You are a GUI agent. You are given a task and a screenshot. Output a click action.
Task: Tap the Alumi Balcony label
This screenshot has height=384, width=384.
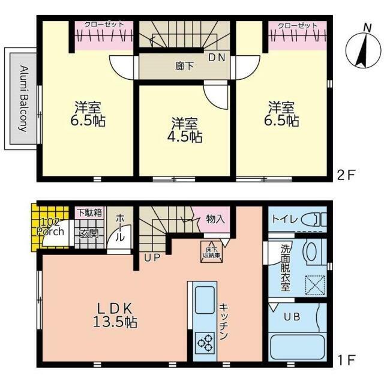click(23, 98)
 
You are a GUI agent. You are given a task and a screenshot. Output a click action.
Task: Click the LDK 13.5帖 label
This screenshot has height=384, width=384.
click(115, 315)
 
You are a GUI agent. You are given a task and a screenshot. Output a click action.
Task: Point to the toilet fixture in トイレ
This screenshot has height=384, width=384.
click(314, 219)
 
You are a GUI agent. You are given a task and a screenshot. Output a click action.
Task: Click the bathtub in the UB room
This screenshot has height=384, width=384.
click(298, 347)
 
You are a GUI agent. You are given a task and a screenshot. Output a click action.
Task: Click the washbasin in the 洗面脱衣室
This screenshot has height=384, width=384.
click(311, 252)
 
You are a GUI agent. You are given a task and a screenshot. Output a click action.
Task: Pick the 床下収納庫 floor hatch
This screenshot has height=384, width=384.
click(212, 252)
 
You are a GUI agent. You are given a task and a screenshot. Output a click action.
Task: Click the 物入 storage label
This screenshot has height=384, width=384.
click(215, 219)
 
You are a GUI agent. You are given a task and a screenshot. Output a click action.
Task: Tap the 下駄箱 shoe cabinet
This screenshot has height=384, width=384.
click(89, 212)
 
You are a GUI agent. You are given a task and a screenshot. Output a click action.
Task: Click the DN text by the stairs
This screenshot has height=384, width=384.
click(217, 58)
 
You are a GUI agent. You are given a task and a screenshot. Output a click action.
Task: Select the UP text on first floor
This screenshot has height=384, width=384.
click(152, 257)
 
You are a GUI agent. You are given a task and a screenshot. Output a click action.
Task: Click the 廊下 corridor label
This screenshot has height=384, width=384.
click(184, 66)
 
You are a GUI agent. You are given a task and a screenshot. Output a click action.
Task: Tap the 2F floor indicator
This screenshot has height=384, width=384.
click(346, 175)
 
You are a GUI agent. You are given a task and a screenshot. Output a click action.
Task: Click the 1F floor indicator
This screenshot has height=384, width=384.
click(346, 360)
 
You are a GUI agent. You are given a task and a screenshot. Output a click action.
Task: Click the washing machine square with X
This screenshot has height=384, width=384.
click(315, 286)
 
